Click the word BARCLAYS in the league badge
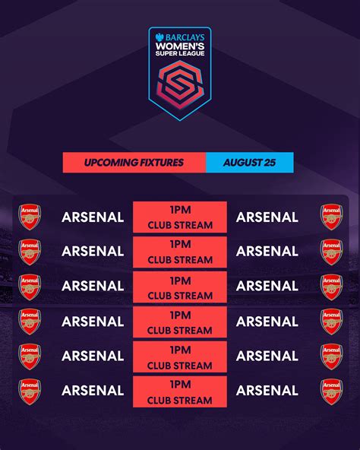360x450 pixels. pos(185,37)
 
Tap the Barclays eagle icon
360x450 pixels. pos(159,37)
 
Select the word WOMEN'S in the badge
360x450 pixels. pos(180,46)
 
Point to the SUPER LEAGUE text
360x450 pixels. pos(180,53)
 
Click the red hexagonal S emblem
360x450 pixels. pos(180,85)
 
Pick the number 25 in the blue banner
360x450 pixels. pos(270,163)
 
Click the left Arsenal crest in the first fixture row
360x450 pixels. pos(30,217)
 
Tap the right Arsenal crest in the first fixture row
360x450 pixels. pos(332,217)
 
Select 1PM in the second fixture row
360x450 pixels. pos(180,244)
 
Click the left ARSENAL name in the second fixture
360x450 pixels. pos(93,252)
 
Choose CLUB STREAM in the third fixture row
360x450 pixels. pos(180,296)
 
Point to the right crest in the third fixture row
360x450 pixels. pos(332,287)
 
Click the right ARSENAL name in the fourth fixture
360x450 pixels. pos(267,322)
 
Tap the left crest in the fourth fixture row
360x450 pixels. pos(30,322)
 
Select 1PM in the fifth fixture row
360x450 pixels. pos(180,350)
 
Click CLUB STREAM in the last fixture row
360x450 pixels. pos(180,401)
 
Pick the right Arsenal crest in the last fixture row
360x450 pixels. pos(332,391)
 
